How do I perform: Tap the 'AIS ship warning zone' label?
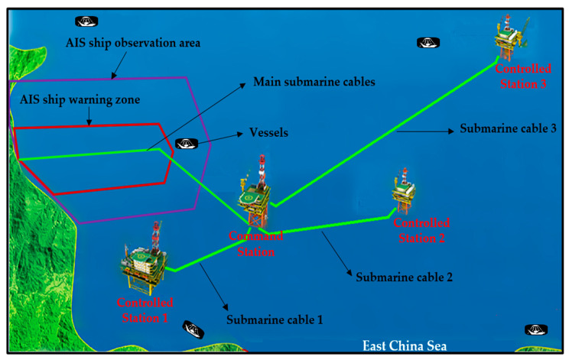[69, 99]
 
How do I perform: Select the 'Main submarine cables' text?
[314, 81]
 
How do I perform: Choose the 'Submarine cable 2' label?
[405, 277]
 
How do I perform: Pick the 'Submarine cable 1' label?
[276, 319]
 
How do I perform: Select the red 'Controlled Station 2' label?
[421, 230]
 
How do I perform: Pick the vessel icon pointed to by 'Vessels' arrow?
[186, 143]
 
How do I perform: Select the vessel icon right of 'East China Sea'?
[535, 329]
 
